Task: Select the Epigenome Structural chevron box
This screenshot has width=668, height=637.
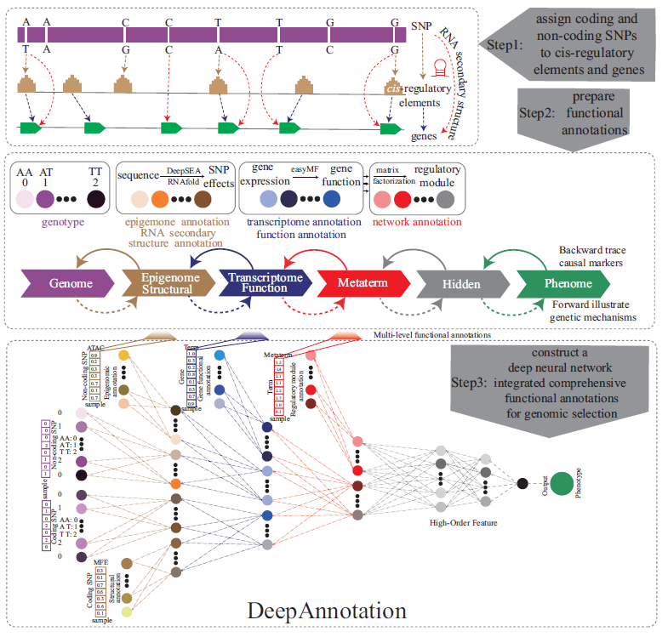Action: (166, 283)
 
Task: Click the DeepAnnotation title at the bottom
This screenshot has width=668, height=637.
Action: (326, 611)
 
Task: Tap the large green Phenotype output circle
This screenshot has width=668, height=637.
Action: (561, 484)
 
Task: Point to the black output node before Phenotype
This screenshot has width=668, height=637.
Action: (522, 484)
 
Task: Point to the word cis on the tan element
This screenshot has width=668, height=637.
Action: (393, 89)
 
